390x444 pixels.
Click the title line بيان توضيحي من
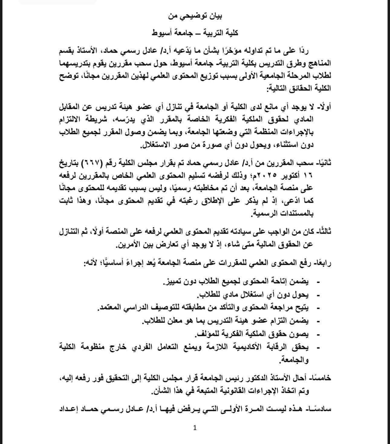195,16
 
